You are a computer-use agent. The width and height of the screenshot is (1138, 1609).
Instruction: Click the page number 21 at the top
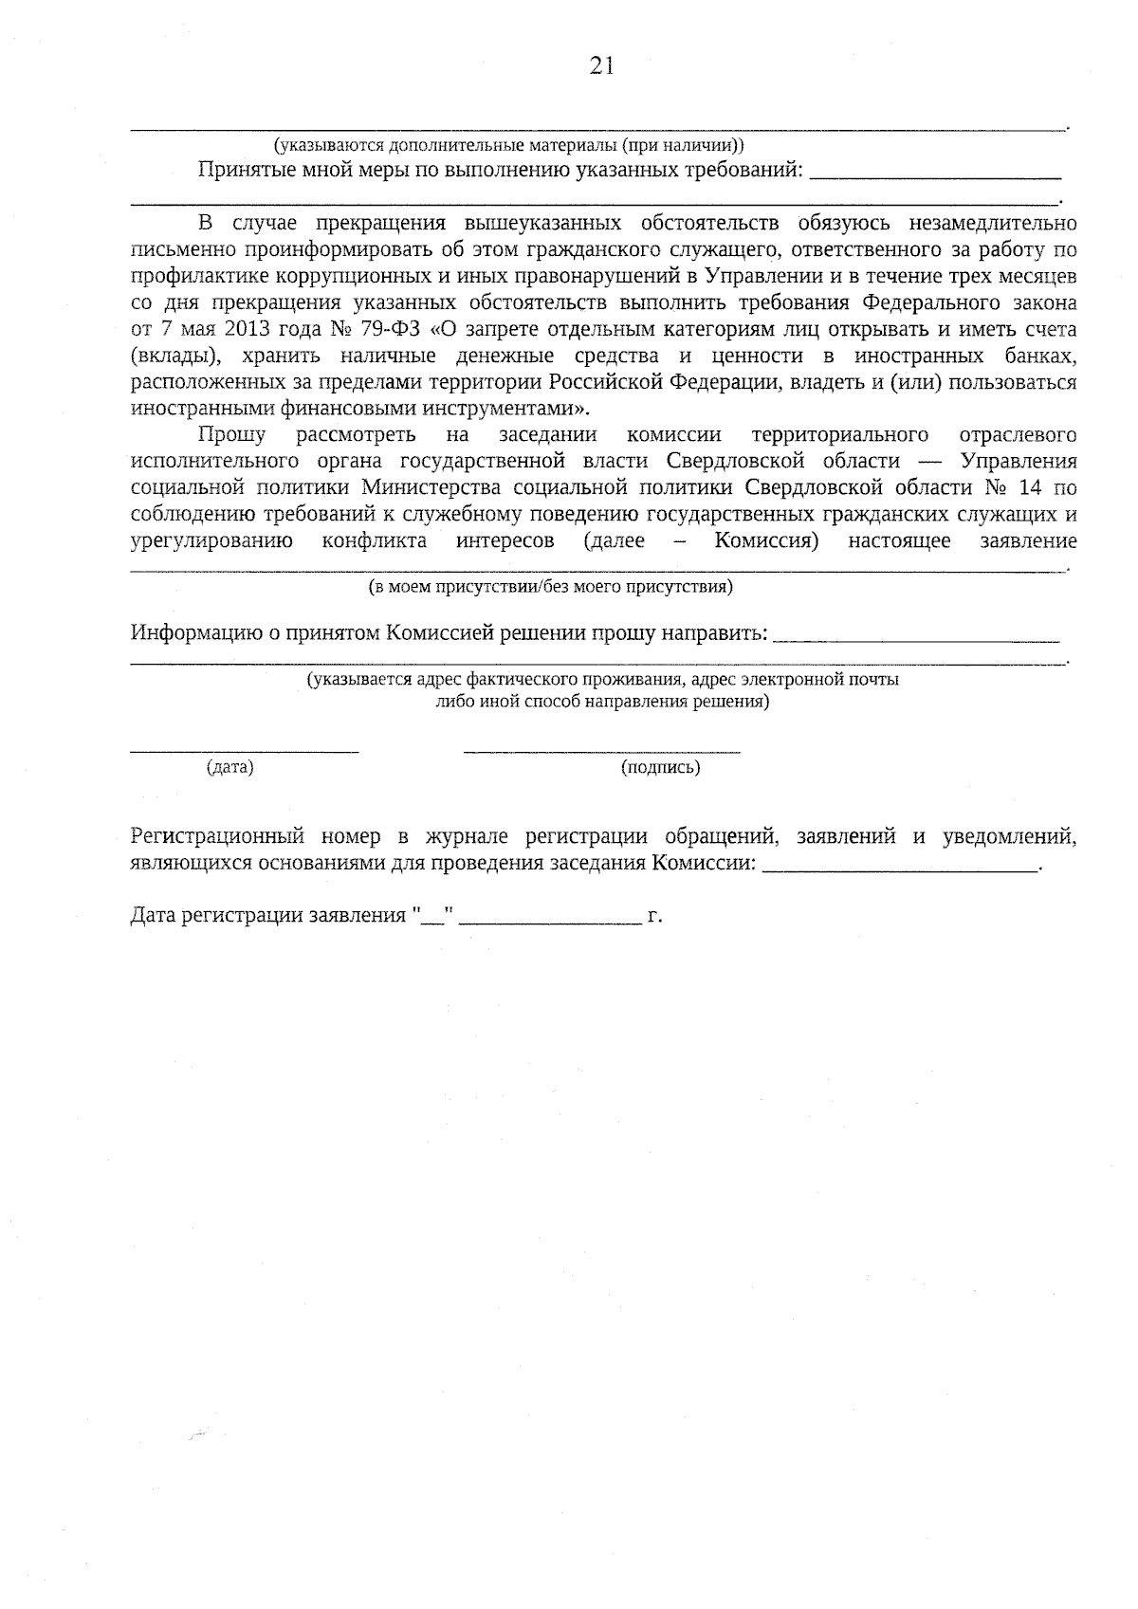(602, 65)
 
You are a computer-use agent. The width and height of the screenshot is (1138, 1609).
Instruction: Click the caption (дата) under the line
(230, 768)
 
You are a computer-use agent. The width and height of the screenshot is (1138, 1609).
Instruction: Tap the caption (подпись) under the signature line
(660, 768)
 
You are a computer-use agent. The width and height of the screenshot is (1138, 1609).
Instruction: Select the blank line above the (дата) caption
(244, 752)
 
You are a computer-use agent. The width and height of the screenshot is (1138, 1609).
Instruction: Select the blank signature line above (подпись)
(601, 752)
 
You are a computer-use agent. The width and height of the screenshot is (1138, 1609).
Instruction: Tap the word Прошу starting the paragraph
(231, 435)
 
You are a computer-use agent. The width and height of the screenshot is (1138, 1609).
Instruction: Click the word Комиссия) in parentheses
(766, 541)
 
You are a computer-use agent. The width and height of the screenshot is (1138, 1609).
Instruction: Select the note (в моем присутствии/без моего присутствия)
(550, 587)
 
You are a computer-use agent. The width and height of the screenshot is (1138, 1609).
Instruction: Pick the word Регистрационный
(216, 837)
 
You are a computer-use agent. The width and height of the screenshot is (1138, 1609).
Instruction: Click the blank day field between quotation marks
(437, 918)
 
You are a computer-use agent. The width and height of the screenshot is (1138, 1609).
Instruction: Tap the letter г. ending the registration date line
(653, 918)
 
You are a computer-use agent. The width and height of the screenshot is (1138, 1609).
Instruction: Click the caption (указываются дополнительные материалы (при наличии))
(508, 146)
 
